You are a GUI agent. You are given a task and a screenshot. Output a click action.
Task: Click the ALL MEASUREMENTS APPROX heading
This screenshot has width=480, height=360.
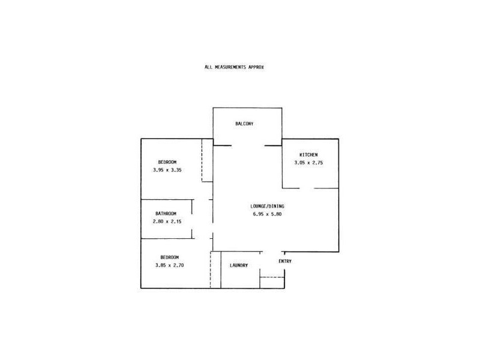[x=235, y=67]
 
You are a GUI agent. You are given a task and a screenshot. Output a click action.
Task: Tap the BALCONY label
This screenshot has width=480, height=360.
[x=244, y=124]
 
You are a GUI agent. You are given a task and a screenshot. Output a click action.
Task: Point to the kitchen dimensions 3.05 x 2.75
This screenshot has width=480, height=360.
[x=308, y=163]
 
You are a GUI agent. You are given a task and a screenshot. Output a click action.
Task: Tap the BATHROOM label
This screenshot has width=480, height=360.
[x=166, y=214]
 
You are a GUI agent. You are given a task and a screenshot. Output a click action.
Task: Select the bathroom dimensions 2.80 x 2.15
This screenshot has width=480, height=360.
[x=167, y=221]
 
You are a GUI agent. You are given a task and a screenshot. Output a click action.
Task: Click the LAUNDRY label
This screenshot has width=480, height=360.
[x=239, y=265]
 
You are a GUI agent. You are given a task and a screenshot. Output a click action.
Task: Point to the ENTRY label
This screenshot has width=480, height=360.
[x=285, y=261]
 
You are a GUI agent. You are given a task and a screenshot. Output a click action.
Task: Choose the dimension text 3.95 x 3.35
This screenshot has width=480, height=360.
[x=167, y=170]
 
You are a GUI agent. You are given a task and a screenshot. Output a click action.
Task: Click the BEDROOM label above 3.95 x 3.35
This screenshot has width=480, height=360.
[x=167, y=162]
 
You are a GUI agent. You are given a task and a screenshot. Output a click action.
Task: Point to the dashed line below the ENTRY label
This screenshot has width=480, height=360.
[x=272, y=277]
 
